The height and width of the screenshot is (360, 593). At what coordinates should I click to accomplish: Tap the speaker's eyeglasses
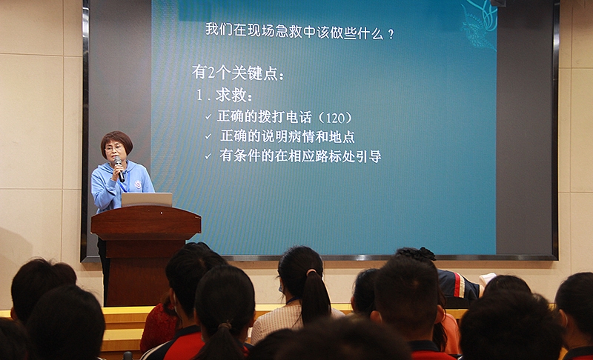click(113, 147)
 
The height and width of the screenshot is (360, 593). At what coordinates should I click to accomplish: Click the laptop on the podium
click(147, 199)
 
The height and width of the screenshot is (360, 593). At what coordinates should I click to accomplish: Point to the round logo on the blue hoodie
click(138, 184)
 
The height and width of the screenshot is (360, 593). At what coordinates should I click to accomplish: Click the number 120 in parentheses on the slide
click(335, 119)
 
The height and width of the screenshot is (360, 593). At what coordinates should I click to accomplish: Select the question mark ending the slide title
click(391, 34)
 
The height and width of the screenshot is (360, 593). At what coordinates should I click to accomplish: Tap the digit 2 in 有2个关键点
click(211, 72)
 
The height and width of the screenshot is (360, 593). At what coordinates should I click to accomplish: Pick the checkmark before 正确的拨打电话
click(208, 117)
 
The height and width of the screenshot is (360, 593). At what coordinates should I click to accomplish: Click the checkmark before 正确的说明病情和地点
click(208, 136)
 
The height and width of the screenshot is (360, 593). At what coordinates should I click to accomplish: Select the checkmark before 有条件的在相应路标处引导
click(208, 156)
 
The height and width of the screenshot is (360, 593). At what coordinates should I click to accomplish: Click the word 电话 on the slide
click(299, 117)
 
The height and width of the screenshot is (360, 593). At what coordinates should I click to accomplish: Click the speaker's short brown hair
click(116, 139)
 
